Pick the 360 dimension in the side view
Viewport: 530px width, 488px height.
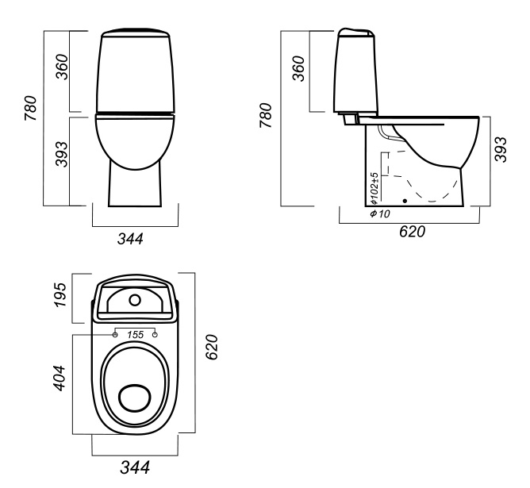pyautogui.click(x=299, y=71)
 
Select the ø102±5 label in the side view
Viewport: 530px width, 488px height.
pyautogui.click(x=373, y=188)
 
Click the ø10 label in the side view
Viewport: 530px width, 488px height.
pyautogui.click(x=379, y=214)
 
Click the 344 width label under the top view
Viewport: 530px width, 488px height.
pyautogui.click(x=133, y=467)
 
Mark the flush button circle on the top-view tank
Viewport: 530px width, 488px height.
pyautogui.click(x=135, y=300)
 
